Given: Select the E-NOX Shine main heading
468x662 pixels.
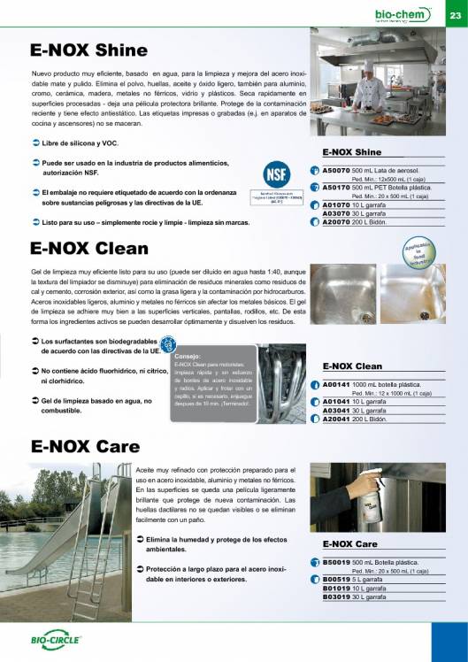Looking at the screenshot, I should click(x=88, y=50).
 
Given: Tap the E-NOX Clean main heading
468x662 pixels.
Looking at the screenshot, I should click(x=89, y=249).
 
